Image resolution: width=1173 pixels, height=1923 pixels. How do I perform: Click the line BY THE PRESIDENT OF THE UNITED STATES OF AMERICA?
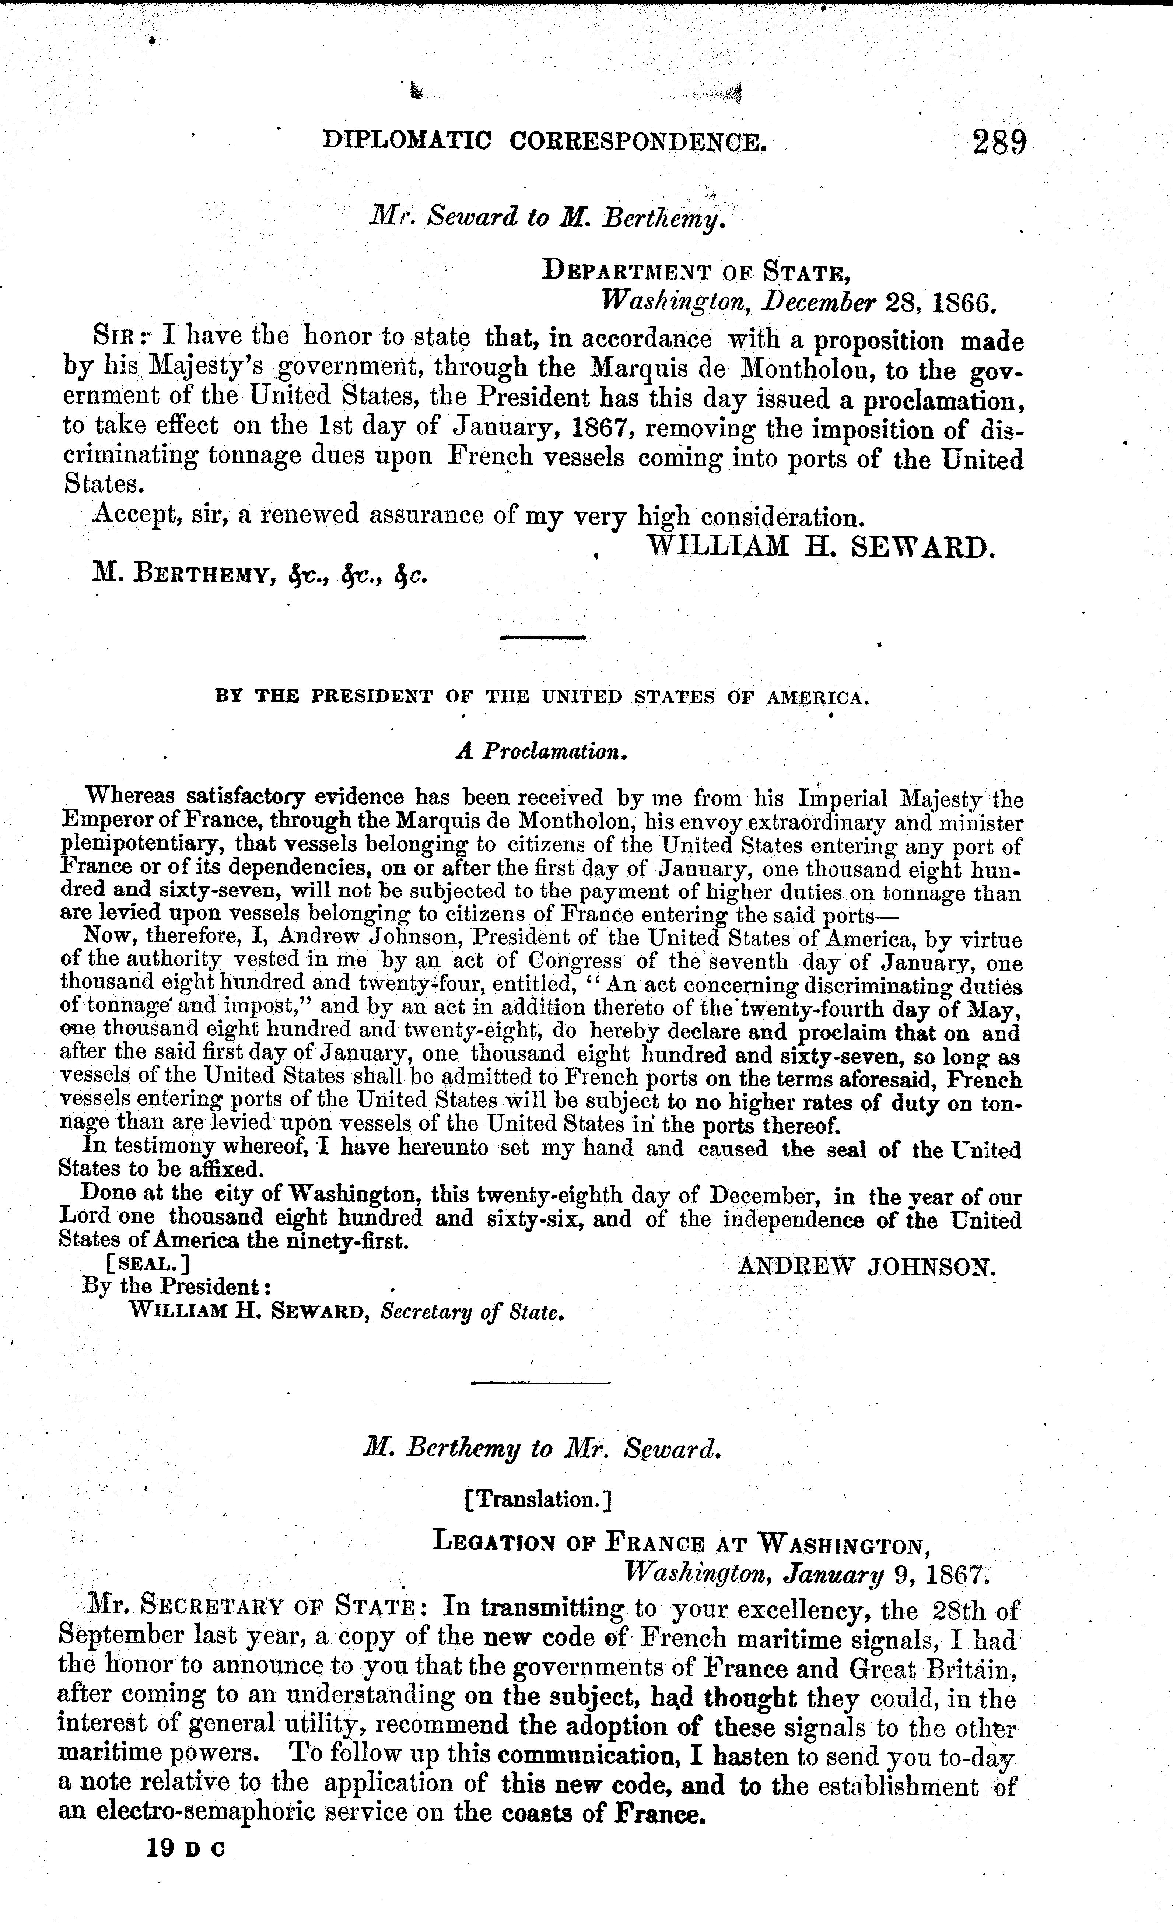(x=542, y=697)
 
